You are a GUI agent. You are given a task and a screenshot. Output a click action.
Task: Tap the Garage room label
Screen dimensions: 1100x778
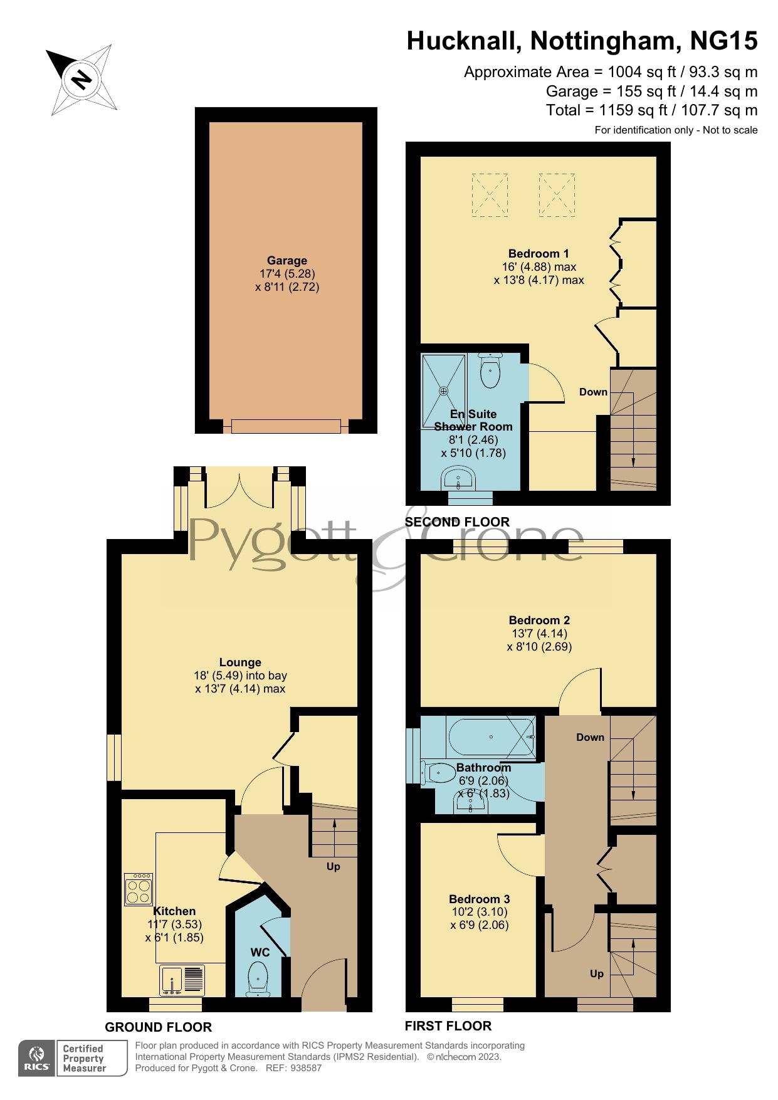click(287, 261)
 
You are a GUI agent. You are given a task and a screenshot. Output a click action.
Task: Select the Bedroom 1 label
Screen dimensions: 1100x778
click(539, 254)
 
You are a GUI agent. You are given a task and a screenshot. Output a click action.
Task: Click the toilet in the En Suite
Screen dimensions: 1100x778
click(490, 371)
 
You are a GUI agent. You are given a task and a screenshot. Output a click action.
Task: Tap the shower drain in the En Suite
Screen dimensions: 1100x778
click(444, 391)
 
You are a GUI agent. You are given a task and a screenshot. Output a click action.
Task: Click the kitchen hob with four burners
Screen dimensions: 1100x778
click(139, 889)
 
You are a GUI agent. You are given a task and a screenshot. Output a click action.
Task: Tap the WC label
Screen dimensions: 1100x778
click(260, 953)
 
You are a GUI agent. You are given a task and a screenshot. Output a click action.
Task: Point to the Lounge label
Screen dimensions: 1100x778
click(240, 663)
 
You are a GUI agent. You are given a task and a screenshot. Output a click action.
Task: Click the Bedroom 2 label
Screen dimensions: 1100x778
click(539, 621)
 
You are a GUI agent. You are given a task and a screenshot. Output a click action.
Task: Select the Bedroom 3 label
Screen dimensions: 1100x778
click(480, 899)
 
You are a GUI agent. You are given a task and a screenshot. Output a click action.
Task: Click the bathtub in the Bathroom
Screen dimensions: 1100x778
click(491, 737)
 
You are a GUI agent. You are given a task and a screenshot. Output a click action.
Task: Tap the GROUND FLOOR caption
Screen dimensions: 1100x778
click(159, 1027)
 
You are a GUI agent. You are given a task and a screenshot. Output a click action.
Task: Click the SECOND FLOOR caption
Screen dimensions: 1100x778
click(457, 522)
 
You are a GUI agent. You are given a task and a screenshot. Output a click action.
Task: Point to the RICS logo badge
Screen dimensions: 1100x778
click(37, 1059)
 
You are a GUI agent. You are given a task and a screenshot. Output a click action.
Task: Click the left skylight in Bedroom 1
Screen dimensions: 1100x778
click(489, 195)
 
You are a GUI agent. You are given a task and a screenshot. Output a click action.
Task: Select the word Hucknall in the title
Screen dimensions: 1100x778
click(464, 41)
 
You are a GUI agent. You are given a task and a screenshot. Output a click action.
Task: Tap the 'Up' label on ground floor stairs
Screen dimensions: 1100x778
click(334, 867)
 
